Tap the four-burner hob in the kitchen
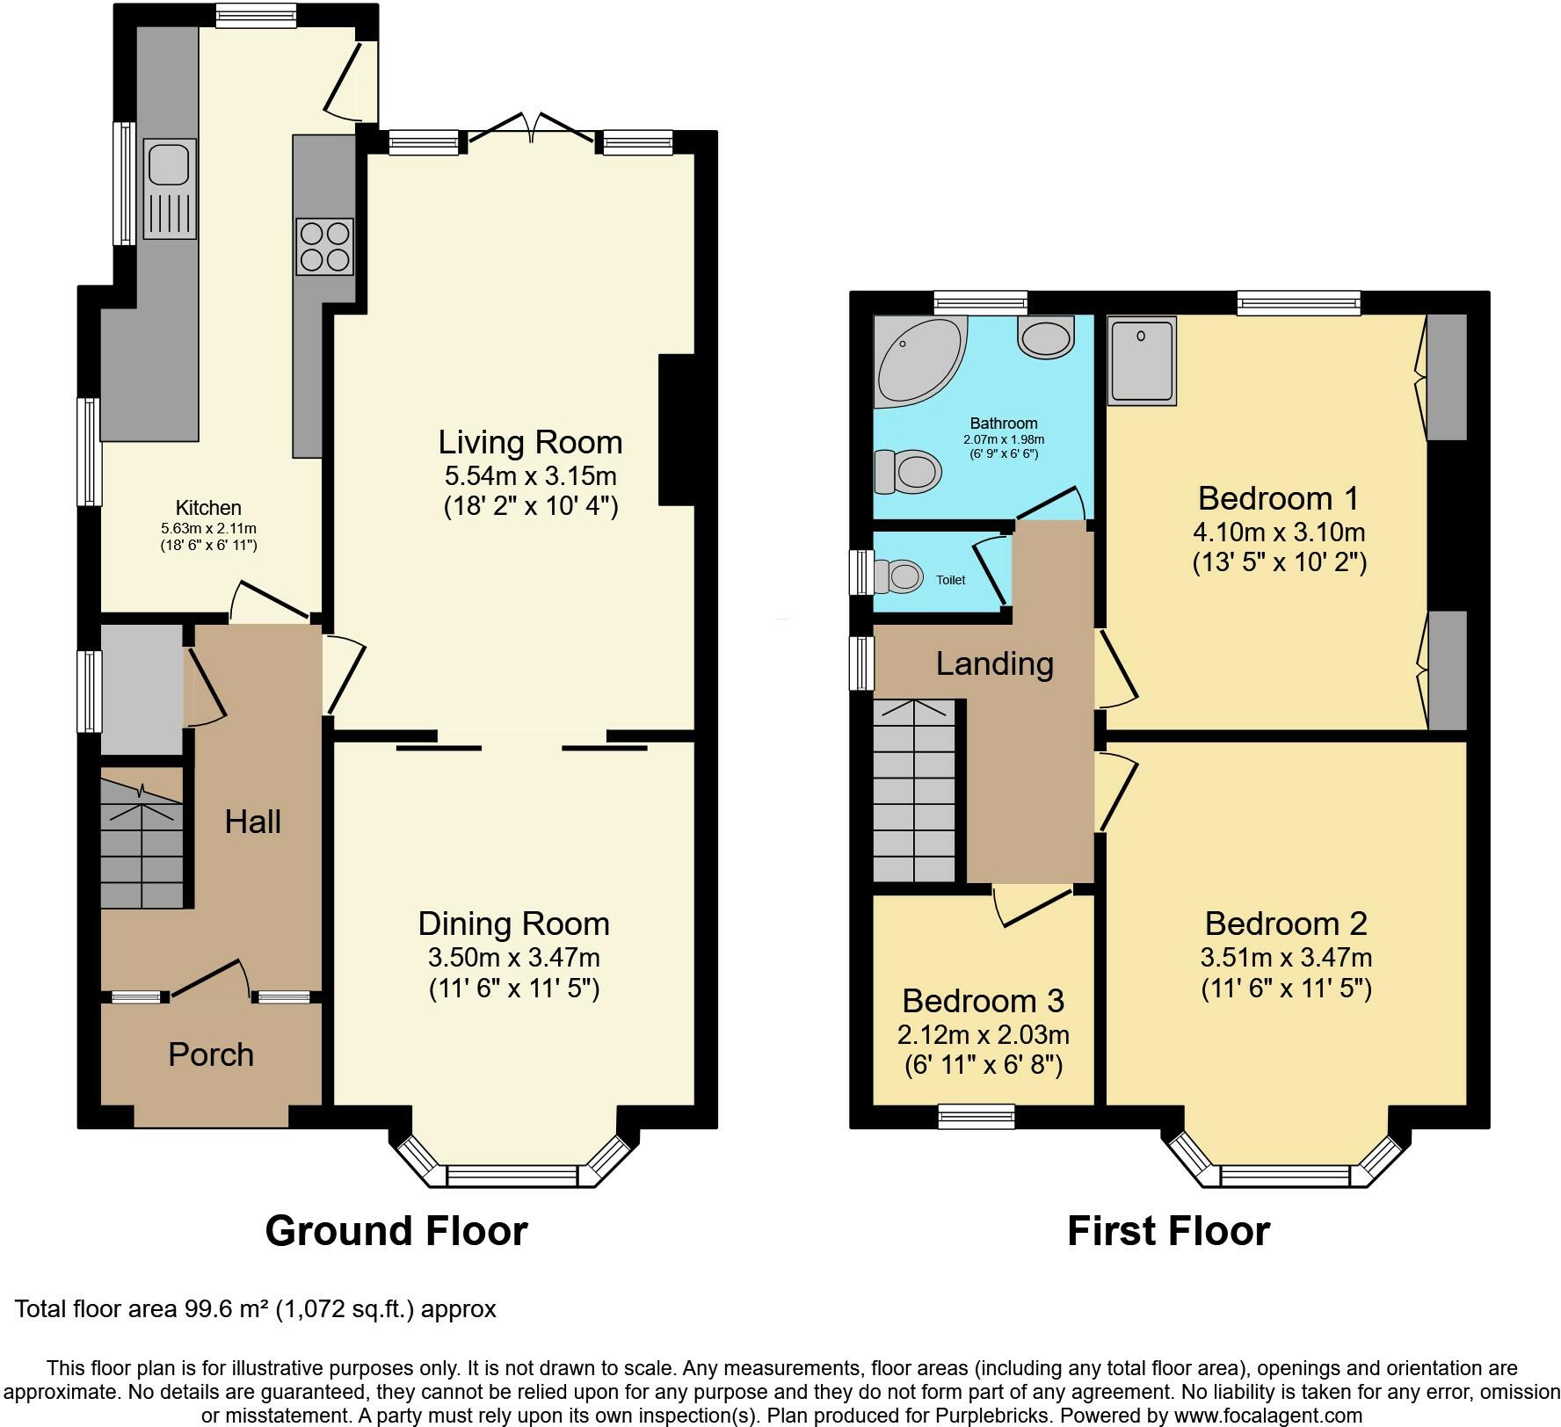pos(325,246)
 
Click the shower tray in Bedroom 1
pos(1142,360)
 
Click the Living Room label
pos(530,442)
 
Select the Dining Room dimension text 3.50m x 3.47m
pos(513,957)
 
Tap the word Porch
pos(211,1054)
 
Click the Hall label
pos(252,822)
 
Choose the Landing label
pos(994,663)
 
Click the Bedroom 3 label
pos(983,1001)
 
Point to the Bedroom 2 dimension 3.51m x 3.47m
pos(1286,957)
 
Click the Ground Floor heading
pos(396,1231)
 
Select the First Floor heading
pos(1168,1231)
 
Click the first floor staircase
pos(914,791)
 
